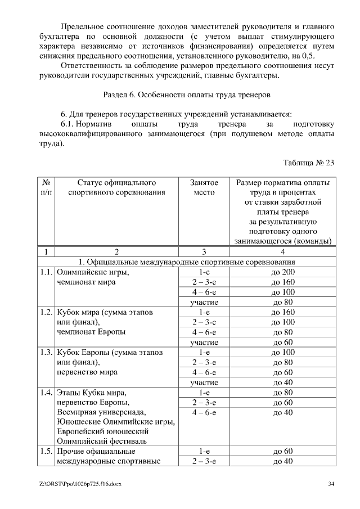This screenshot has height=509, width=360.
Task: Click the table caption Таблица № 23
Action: point(309,163)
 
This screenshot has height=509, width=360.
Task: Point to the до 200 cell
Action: point(283,272)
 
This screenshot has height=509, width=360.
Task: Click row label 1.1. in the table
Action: point(46,272)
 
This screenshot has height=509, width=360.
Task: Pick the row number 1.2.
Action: point(46,312)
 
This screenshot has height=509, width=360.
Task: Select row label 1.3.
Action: point(46,352)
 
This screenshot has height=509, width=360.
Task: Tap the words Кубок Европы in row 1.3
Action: point(83,352)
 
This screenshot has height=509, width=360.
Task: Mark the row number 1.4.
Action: point(46,392)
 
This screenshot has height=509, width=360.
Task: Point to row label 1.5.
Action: point(46,451)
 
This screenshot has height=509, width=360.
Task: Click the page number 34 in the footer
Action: point(331,484)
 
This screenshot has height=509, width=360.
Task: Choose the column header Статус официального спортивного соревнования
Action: point(116,188)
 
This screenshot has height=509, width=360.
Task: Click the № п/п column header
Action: point(46,188)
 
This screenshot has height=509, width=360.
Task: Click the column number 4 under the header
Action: point(283,251)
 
